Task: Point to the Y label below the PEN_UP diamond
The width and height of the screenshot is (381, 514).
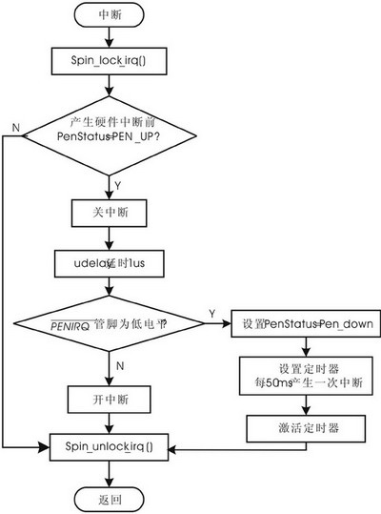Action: pos(116,183)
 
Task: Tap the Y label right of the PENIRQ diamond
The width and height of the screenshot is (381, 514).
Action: pos(210,312)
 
